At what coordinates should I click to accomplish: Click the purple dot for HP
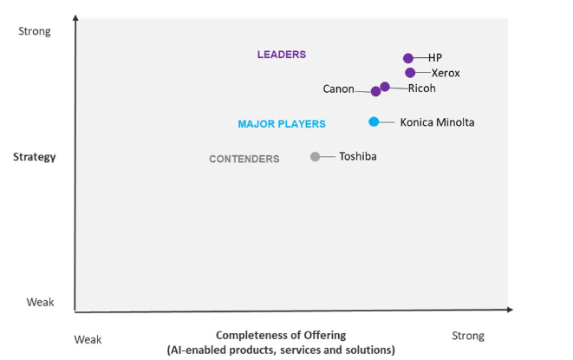[408, 58]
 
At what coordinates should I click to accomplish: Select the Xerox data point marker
[410, 73]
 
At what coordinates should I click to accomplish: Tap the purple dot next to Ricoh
[385, 87]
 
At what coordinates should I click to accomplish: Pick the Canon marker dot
[375, 91]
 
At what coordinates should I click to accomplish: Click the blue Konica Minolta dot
[374, 121]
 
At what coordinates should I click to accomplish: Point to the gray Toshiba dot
[316, 156]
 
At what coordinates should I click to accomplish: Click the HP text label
[435, 58]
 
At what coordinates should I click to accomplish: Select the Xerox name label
[446, 73]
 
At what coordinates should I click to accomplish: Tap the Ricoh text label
[421, 88]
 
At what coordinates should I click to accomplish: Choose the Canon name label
[338, 88]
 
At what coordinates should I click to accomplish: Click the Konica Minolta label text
[437, 122]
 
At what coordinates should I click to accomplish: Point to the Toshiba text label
[358, 156]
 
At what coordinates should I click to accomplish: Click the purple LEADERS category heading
[282, 55]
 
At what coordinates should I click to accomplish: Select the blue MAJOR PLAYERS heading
[282, 124]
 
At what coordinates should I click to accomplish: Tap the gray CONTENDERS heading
[244, 159]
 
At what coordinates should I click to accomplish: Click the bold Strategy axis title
[35, 157]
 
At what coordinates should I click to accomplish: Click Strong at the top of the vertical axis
[35, 31]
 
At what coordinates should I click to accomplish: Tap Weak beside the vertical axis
[40, 302]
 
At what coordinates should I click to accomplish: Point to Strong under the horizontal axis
[468, 336]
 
